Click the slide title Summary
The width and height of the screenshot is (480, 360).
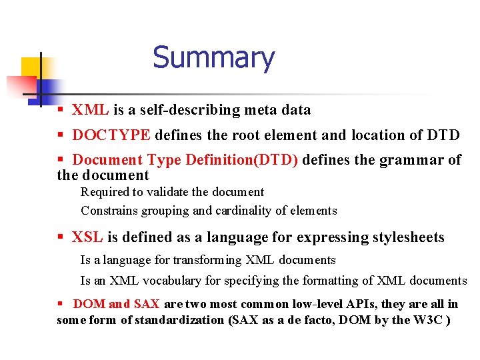(x=213, y=58)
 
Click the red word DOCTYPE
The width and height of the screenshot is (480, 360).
(x=111, y=135)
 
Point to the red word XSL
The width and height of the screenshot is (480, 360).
(x=87, y=237)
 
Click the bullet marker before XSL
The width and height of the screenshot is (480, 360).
(x=61, y=237)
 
